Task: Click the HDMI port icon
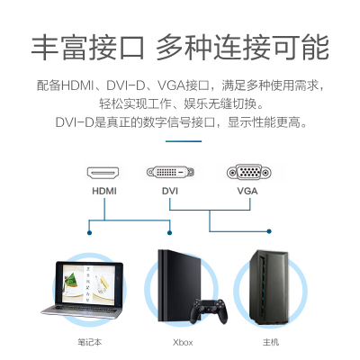pos(103,173)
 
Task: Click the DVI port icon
pos(170,172)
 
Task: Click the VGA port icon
pos(249,173)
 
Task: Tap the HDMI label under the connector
pos(104,191)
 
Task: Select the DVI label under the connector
pos(170,191)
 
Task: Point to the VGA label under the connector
pos(247,191)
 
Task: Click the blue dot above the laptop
pos(89,233)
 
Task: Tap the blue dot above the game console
pos(169,233)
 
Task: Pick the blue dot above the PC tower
pos(269,231)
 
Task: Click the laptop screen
pos(89,284)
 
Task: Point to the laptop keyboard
pos(82,310)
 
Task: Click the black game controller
pos(210,310)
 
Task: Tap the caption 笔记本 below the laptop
pos(90,342)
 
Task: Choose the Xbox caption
pos(183,342)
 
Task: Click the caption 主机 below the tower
pos(271,342)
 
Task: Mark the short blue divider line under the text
pos(184,141)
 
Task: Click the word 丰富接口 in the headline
pos(87,48)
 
